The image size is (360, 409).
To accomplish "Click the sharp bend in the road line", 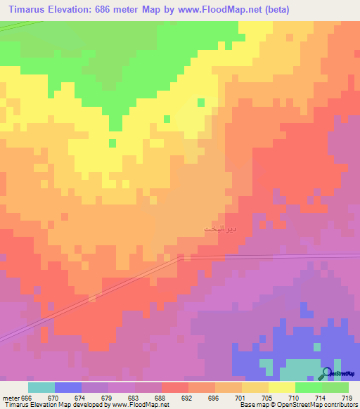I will [x=181, y=257].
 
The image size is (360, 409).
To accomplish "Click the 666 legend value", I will [x=27, y=398].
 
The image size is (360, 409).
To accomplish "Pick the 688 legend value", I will [x=162, y=398].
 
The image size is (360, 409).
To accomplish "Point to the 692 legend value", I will [x=188, y=398].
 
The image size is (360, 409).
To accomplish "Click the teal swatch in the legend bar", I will [x=41, y=387].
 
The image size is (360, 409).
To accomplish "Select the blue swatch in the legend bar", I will [x=68, y=387].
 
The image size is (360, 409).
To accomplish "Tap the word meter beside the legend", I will [x=11, y=398].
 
